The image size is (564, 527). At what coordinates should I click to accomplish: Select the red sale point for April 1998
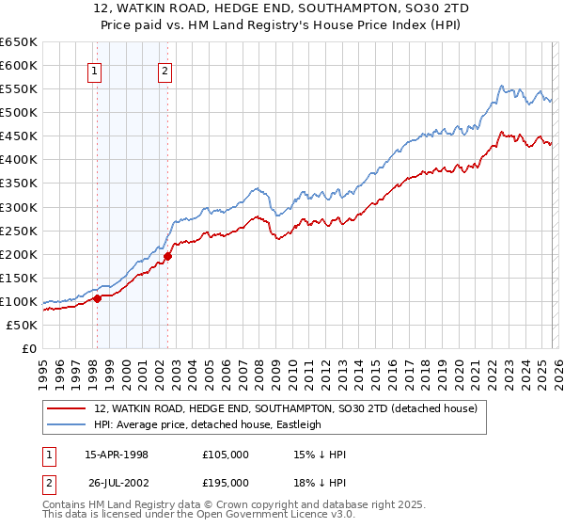[97, 299]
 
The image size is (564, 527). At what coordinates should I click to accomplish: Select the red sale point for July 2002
[168, 256]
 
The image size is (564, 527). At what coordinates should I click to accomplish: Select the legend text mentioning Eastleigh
[208, 424]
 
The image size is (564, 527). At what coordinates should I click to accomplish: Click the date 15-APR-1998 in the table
[117, 455]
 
